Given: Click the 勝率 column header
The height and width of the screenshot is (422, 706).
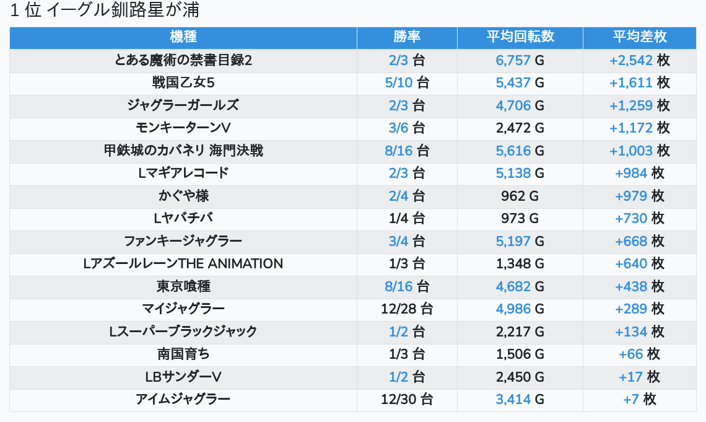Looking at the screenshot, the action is [407, 37].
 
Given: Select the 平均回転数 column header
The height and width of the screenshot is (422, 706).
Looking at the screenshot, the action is [520, 37].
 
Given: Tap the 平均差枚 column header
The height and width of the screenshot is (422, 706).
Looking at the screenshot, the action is [639, 37].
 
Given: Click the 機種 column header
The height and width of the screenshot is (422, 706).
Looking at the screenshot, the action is [183, 37].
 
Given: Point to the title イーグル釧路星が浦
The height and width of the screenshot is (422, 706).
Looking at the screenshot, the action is [123, 10].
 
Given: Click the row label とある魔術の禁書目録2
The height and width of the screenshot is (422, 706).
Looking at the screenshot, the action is [183, 60].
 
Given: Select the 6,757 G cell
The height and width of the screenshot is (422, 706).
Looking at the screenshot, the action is [520, 60].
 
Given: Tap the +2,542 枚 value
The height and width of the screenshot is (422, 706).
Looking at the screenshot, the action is [639, 60].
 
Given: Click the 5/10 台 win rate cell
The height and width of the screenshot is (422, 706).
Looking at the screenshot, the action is [407, 83].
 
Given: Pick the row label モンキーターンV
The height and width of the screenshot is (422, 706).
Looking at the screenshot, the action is [183, 128].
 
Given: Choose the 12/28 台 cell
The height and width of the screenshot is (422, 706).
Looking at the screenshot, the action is [407, 309].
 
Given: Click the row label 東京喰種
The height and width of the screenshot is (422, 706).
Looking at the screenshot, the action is [183, 286].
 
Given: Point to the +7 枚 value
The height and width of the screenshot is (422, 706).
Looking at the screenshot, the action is [639, 400].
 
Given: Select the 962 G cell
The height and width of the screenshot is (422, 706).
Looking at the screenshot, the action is [520, 196].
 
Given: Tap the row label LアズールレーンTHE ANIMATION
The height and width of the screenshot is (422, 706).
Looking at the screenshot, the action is [183, 263].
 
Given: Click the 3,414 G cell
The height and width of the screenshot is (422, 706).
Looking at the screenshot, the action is [520, 400].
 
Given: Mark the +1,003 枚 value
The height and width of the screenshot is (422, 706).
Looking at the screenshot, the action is [639, 151].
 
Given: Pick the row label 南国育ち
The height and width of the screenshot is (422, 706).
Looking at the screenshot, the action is [183, 354].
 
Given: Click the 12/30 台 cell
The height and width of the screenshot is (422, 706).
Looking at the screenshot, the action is [407, 400].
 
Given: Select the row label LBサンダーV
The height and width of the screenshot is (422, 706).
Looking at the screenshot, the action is [183, 377].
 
